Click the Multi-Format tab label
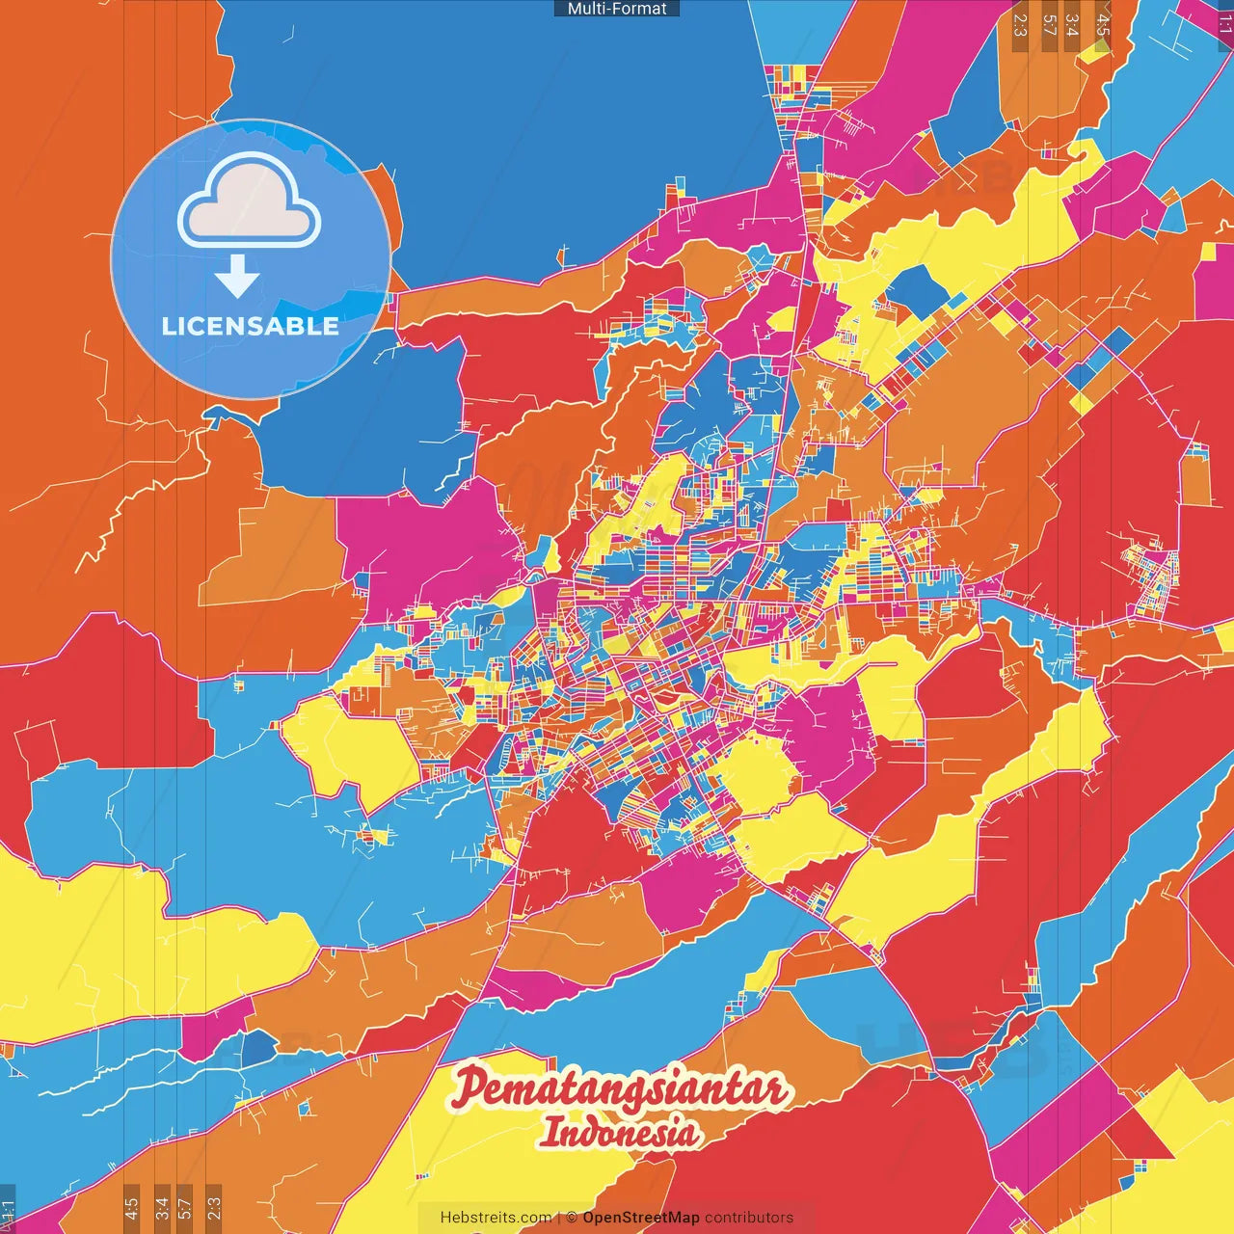coord(617,9)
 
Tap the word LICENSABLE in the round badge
coord(251,326)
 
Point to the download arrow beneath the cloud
coord(237,277)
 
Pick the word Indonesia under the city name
coord(619,1132)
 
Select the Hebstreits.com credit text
coord(496,1218)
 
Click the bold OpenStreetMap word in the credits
coord(640,1218)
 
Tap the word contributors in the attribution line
coord(749,1218)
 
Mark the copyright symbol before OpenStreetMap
coord(572,1218)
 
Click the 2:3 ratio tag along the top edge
coord(1020,25)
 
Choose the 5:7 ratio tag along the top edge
coord(1050,25)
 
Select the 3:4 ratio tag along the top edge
coord(1072,25)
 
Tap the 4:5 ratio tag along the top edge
coord(1103,25)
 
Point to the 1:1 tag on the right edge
coord(1225,21)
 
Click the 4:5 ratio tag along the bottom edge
coord(131,1208)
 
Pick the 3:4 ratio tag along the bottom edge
coord(162,1208)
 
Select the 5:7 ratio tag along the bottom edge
coord(185,1208)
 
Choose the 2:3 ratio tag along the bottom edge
coord(214,1208)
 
